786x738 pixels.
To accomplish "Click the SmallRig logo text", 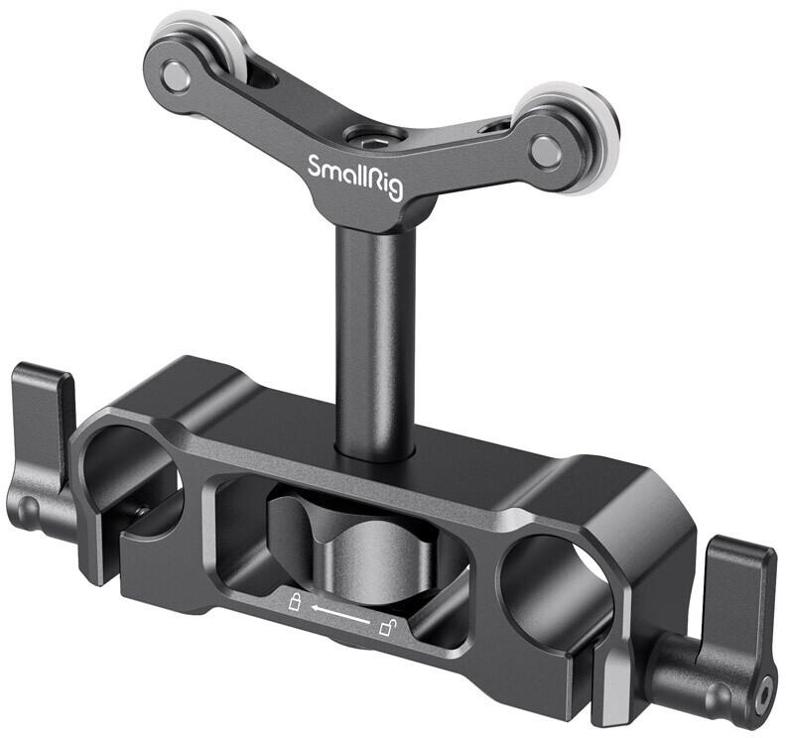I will tap(353, 175).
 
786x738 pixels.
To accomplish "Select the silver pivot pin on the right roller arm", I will tap(545, 150).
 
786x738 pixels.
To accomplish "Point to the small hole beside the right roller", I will tap(493, 127).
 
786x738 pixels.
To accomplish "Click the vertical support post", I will tap(374, 337).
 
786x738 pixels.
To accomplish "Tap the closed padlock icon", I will tap(294, 601).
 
